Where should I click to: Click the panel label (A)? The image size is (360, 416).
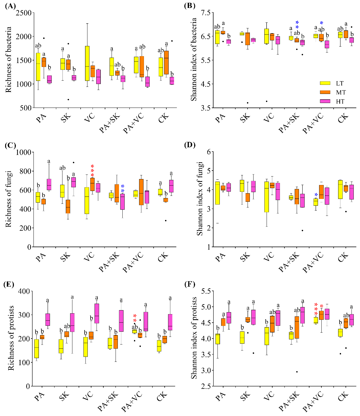10,6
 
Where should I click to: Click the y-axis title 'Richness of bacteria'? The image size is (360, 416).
9,60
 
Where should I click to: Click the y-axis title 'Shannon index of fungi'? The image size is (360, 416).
200,199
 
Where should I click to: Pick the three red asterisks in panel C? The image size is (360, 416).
92,171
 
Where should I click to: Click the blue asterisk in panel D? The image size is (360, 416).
316,195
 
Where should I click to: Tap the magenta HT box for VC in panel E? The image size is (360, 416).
97,313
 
